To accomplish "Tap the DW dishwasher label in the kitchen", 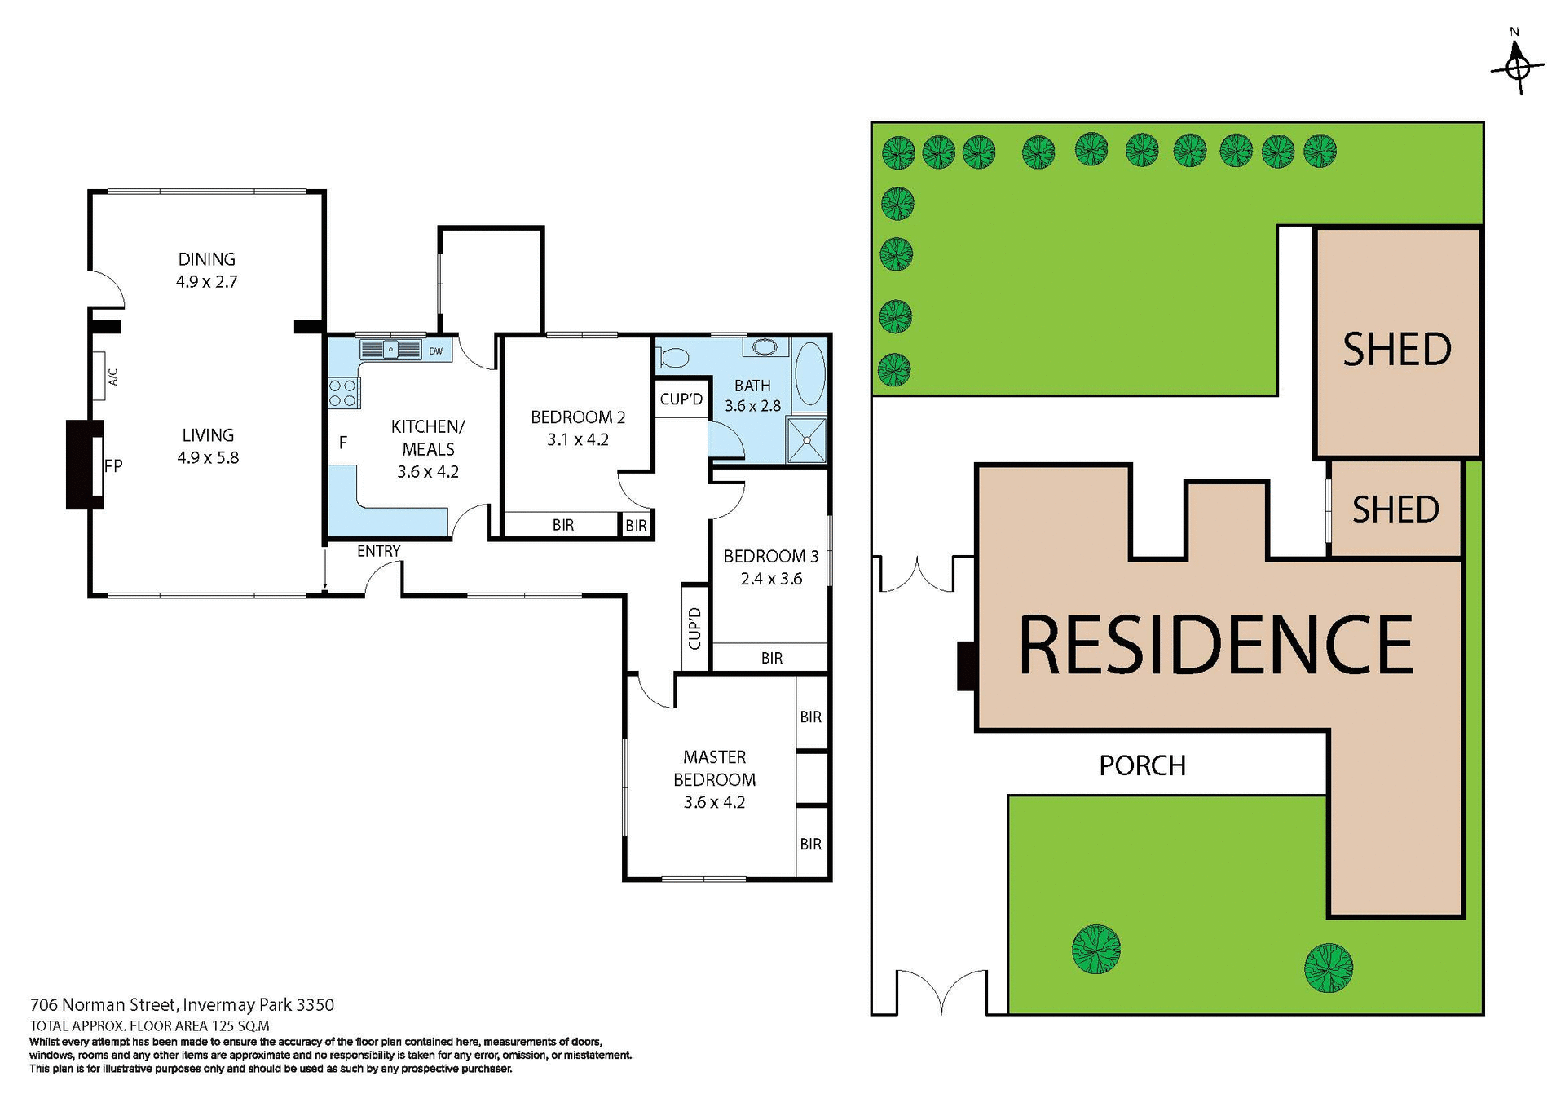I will point(436,351).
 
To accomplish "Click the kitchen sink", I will point(390,350).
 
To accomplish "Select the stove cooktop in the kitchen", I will point(343,393).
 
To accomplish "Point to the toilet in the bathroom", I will point(672,357).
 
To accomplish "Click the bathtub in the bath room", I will point(809,373).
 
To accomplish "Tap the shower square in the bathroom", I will point(807,440).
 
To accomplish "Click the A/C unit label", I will point(112,377).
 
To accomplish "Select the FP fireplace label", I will point(112,466).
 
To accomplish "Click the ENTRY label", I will point(378,551).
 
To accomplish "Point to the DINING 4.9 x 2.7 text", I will point(206,270).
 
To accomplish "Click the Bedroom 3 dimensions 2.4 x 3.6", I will point(771,579).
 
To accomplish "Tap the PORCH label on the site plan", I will point(1142,765).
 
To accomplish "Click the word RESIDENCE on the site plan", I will point(1215,646).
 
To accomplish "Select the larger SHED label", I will point(1396,350).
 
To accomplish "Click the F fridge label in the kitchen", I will point(343,443).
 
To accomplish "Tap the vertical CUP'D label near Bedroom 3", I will point(694,628).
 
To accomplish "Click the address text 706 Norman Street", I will point(182,1004).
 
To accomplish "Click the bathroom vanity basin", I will point(765,348).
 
